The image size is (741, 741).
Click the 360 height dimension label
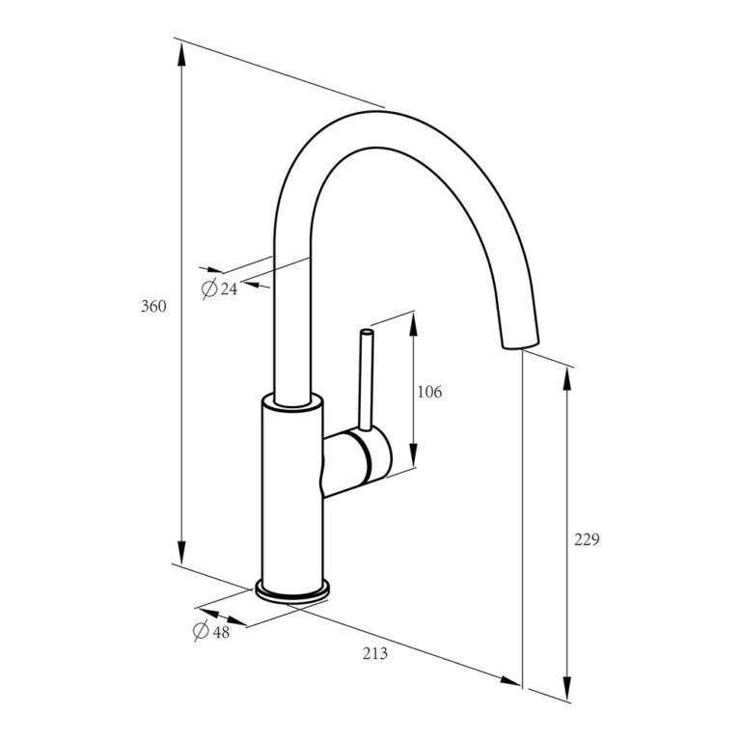click(153, 306)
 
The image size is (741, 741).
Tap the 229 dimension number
click(587, 539)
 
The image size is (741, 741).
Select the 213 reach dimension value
click(375, 653)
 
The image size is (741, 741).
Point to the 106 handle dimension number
click(429, 392)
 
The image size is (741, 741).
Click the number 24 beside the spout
click(229, 288)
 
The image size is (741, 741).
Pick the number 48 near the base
click(221, 632)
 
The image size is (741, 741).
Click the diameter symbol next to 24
click(208, 288)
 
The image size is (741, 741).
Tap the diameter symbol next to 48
click(202, 630)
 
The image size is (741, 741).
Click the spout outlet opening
click(520, 344)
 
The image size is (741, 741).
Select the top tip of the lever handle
click(367, 332)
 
